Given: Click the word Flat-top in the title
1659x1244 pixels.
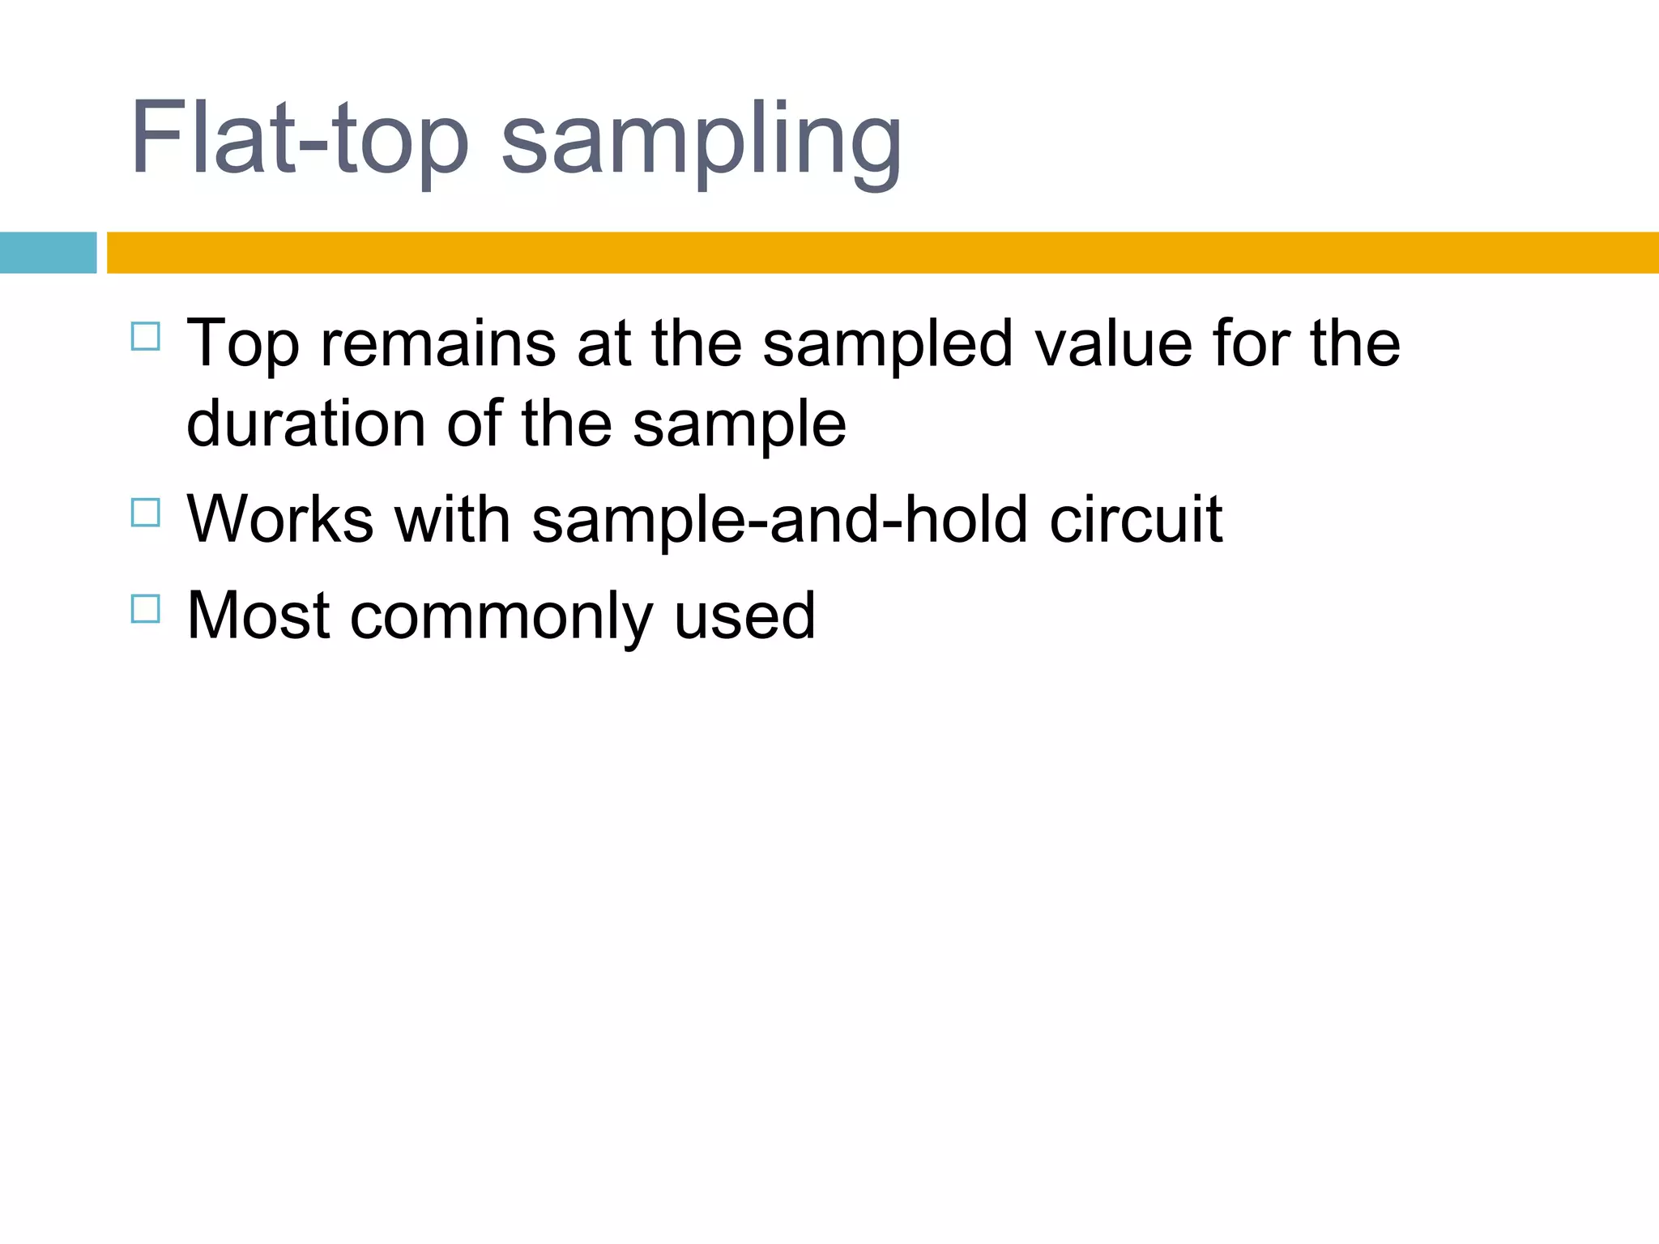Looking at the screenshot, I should (x=299, y=138).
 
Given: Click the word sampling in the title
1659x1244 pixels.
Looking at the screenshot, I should (x=701, y=142).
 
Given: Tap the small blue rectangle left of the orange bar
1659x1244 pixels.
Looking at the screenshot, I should (x=48, y=253).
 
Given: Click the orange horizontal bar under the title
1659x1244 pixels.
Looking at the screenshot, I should (x=882, y=253).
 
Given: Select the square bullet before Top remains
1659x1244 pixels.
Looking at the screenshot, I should (x=145, y=336).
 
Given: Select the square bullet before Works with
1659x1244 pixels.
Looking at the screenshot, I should (x=145, y=513).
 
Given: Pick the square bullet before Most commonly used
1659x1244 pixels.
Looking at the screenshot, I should (x=145, y=608).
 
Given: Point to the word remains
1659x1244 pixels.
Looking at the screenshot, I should (x=438, y=343).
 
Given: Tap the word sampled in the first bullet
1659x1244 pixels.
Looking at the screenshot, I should (x=887, y=344).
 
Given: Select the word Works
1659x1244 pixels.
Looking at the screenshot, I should (x=280, y=519).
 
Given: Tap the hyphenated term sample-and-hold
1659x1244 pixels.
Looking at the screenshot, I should (x=779, y=521).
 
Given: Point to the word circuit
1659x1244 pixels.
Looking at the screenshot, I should (x=1136, y=519).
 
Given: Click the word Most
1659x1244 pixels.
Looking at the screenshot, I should (x=258, y=616).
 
